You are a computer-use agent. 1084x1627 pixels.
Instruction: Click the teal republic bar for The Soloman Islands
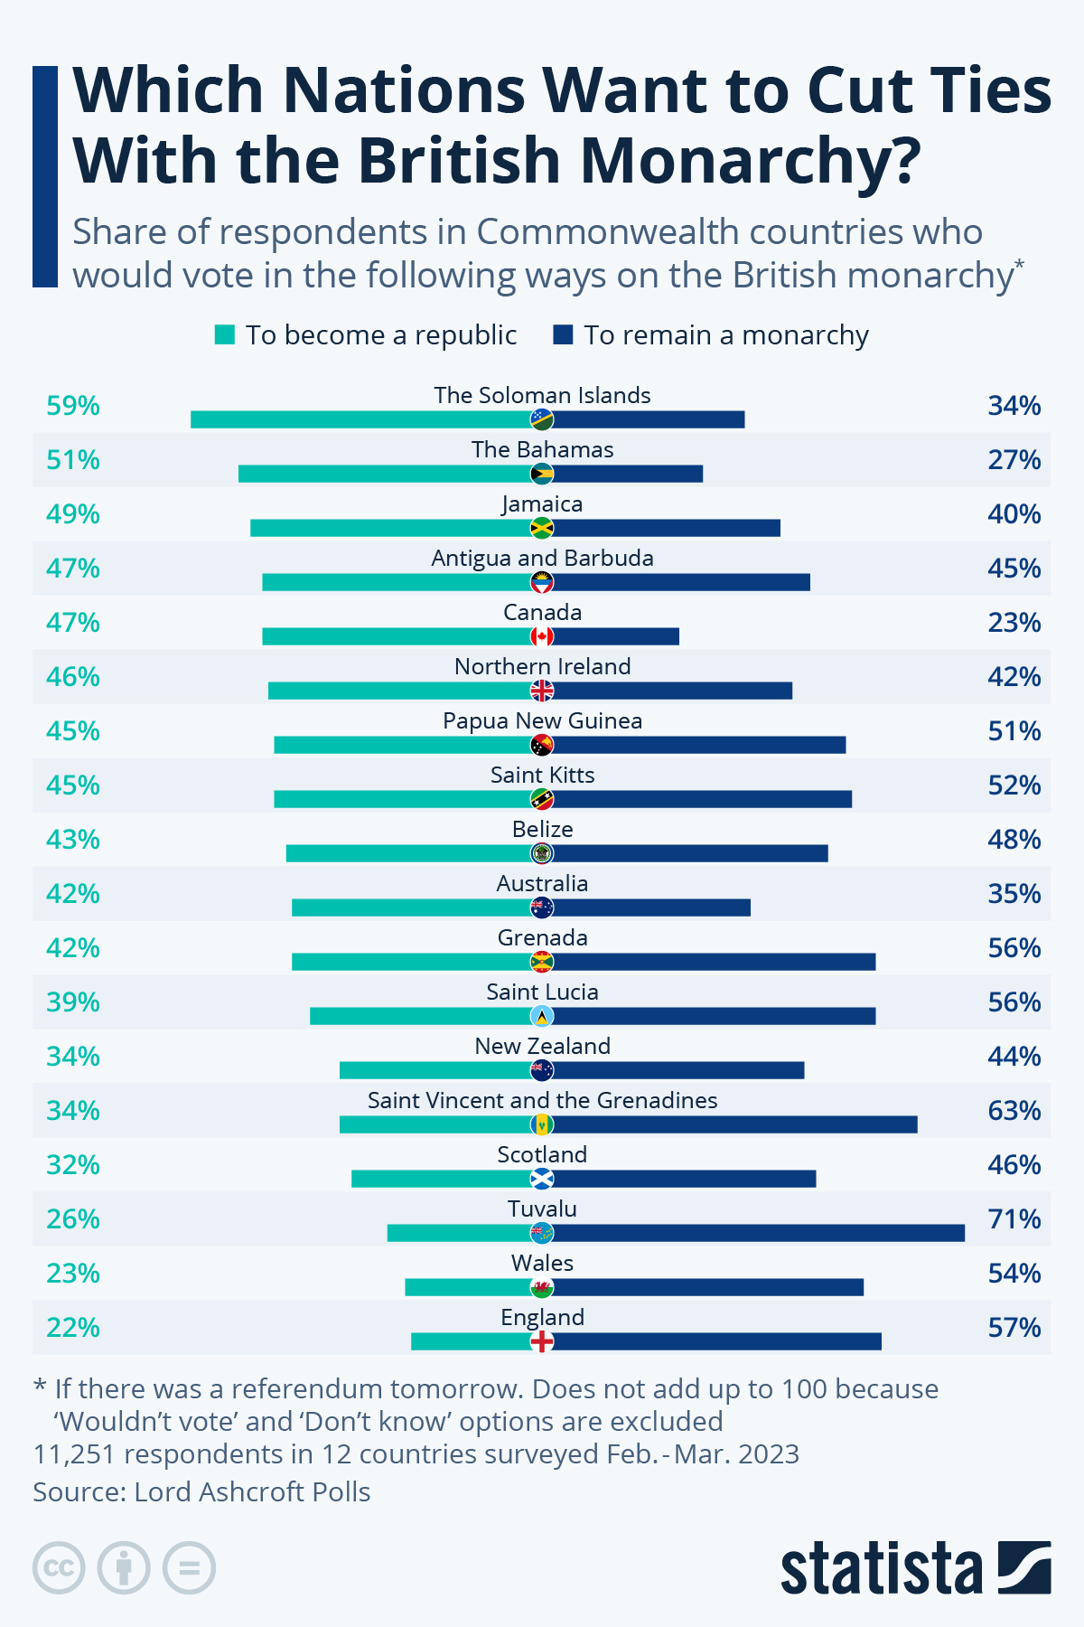point(361,419)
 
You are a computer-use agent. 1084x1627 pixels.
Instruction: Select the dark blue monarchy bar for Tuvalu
point(759,1233)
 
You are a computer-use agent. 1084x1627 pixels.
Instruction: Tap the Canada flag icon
point(542,636)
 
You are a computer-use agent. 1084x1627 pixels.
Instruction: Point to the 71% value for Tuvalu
point(1014,1219)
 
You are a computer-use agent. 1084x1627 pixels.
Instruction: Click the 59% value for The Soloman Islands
point(73,406)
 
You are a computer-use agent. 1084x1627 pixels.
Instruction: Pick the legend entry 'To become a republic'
point(366,335)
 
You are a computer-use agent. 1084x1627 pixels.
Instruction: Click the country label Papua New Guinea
point(542,720)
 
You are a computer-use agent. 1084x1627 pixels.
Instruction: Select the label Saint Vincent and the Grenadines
point(542,1100)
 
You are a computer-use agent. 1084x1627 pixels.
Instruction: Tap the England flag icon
point(542,1341)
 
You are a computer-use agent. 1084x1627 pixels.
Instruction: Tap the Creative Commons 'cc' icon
point(59,1567)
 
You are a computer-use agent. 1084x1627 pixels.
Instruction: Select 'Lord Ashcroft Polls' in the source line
point(252,1491)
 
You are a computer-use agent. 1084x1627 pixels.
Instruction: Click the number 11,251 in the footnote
point(73,1454)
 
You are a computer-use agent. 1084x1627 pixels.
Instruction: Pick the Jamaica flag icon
point(542,528)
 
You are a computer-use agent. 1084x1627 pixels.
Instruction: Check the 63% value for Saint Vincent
point(1014,1111)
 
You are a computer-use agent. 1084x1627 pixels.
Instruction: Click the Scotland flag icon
point(542,1179)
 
